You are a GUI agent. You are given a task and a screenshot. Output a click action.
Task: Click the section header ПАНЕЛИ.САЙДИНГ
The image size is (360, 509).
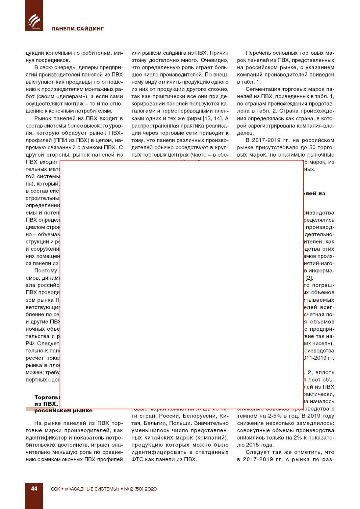click(x=78, y=29)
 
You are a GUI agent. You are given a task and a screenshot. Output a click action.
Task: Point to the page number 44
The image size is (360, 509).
click(x=34, y=488)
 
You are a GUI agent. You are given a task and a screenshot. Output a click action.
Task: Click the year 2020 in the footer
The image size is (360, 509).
click(x=151, y=489)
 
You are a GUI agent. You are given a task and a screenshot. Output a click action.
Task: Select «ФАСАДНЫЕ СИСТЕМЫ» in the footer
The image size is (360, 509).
click(x=92, y=489)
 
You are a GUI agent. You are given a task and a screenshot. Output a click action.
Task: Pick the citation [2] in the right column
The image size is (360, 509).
click(x=309, y=278)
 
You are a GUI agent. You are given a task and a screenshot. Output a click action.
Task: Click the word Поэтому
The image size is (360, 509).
click(x=46, y=271)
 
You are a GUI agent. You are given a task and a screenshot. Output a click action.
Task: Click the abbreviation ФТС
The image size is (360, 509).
click(x=138, y=459)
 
